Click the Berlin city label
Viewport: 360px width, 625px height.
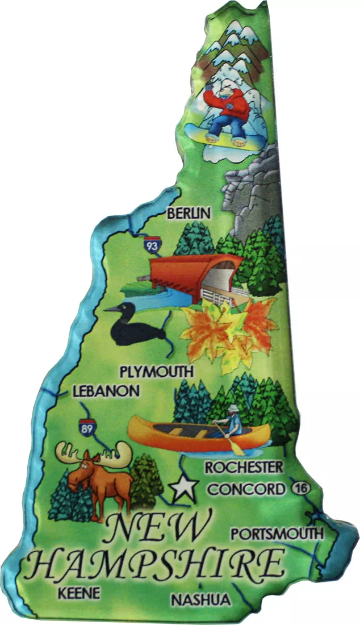pos(188,214)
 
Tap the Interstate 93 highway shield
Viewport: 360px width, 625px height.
pos(152,245)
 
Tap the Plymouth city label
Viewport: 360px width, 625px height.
pos(157,372)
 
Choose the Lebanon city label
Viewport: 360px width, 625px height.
pos(106,391)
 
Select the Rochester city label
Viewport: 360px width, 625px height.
pos(244,468)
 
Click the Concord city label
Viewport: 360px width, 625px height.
pos(245,489)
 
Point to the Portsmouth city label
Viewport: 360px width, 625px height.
pos(277,534)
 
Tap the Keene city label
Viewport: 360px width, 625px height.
pos(79,593)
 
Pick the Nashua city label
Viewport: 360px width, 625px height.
pos(200,600)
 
